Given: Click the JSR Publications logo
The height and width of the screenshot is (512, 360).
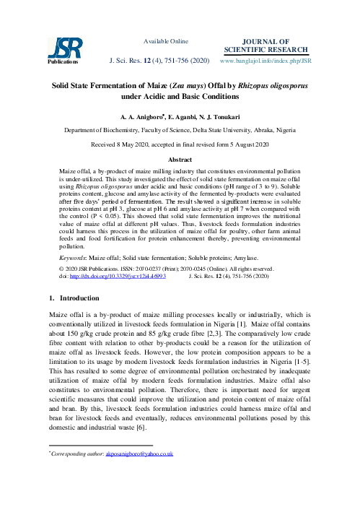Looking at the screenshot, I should (x=61, y=50).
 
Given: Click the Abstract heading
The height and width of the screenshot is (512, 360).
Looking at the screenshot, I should (x=180, y=158).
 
